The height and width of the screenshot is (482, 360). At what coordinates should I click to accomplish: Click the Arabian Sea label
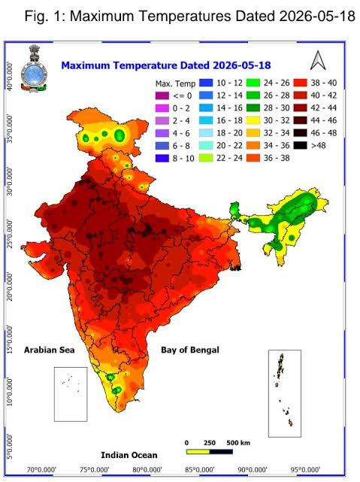click(49, 350)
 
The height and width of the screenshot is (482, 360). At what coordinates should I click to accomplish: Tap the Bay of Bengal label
click(190, 350)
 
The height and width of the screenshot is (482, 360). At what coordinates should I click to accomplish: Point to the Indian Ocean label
click(129, 455)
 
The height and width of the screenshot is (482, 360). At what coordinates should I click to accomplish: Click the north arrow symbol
click(318, 60)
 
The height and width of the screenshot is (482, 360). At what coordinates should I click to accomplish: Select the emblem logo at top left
click(34, 68)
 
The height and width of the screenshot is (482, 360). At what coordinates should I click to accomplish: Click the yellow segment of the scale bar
click(198, 452)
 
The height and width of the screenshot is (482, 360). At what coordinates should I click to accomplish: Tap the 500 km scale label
click(238, 443)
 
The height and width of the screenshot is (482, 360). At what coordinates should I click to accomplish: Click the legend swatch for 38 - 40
click(300, 83)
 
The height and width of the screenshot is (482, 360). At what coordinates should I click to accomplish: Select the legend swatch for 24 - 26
click(253, 83)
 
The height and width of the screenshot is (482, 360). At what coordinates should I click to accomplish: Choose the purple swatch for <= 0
click(162, 95)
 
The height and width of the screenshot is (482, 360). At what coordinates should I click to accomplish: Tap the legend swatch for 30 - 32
click(253, 120)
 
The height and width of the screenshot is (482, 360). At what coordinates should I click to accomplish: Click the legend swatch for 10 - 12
click(206, 83)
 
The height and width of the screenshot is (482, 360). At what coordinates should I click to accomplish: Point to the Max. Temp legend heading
click(175, 83)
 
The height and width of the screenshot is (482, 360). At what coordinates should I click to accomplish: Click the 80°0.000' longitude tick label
click(147, 470)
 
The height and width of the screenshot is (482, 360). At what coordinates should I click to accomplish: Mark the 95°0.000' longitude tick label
click(306, 470)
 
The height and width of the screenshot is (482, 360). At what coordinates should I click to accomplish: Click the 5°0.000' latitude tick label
click(10, 447)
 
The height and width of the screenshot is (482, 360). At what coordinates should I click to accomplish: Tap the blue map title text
click(166, 65)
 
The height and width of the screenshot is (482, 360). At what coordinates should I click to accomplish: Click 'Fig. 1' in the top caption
click(45, 16)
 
